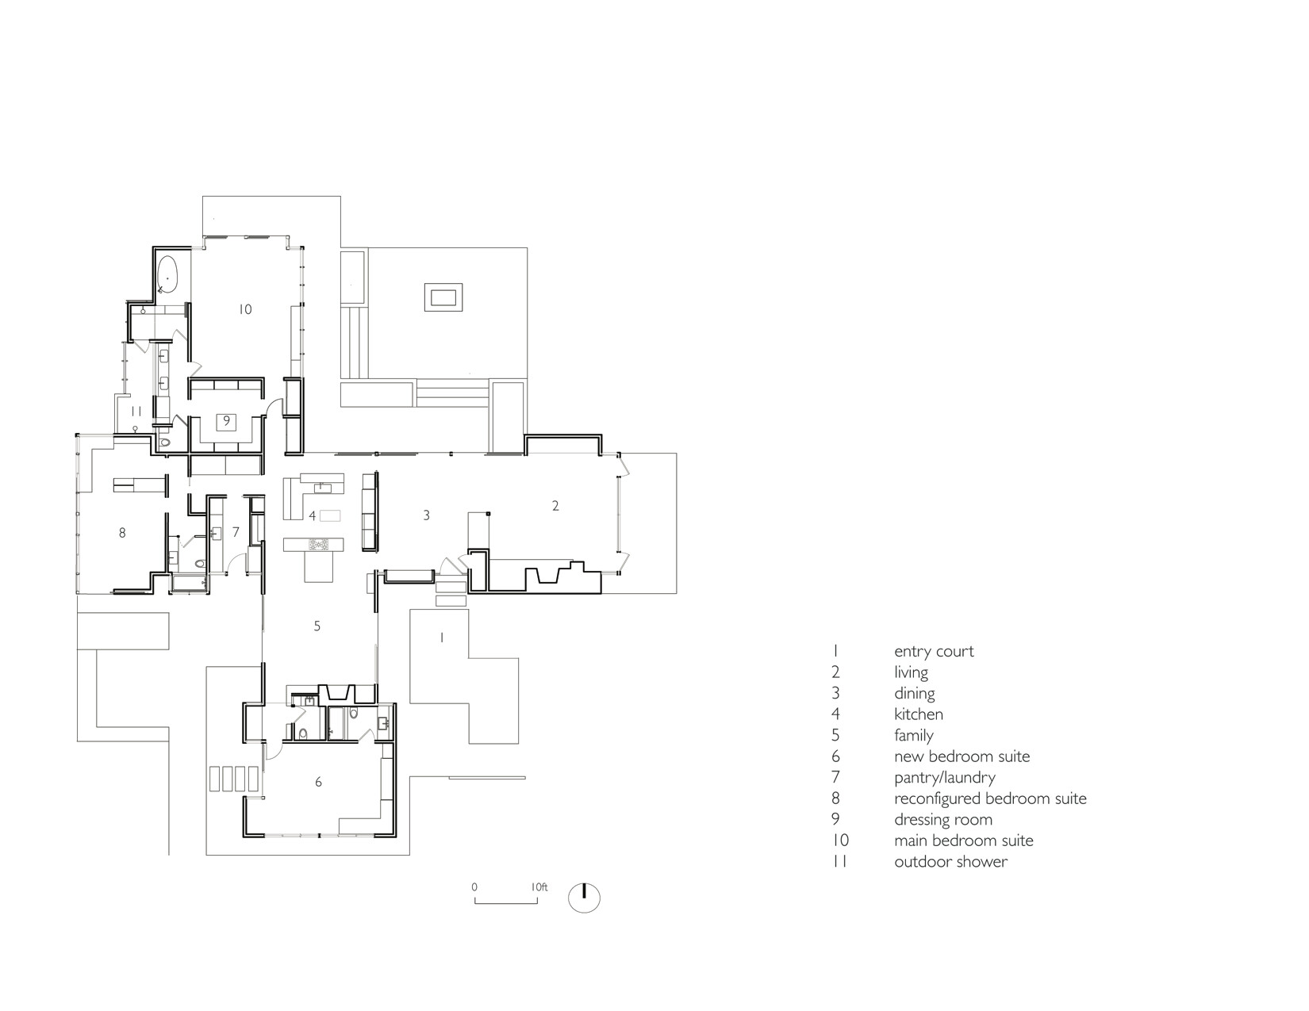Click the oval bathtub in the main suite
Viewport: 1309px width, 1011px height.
coord(167,274)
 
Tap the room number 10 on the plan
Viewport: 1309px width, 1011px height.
coord(245,309)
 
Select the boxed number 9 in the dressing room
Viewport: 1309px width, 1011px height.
coord(227,421)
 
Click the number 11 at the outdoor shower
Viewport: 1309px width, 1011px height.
coord(136,412)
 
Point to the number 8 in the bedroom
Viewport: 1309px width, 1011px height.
coord(122,532)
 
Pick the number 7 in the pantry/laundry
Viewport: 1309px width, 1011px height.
coord(236,532)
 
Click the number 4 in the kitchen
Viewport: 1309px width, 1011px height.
coord(312,515)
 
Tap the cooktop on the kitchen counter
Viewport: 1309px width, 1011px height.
coord(317,545)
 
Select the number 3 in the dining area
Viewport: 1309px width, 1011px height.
coord(427,515)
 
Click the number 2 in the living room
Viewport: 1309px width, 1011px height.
coord(555,506)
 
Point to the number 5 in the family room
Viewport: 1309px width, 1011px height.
coord(317,626)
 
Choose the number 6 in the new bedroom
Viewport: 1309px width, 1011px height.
coord(318,782)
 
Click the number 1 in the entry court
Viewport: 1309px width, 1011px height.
coord(442,637)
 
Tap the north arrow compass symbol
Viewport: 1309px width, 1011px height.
coord(584,898)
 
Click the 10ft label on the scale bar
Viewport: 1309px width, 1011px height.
coord(539,887)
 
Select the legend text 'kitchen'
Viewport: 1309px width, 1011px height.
coord(919,714)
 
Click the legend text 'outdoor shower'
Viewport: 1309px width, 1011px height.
coord(950,862)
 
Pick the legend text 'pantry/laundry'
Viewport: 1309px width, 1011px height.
coord(945,778)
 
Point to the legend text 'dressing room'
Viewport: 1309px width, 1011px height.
coord(943,820)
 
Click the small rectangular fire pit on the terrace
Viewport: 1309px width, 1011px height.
coord(443,297)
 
